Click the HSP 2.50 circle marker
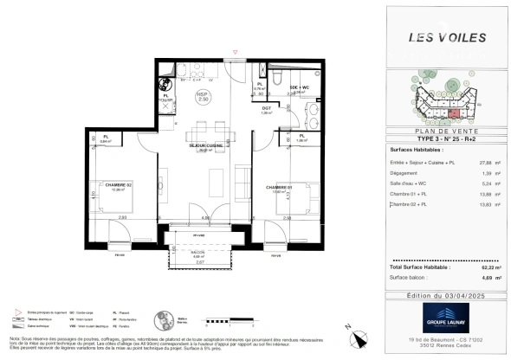click(203, 96)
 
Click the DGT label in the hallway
click(267, 108)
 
